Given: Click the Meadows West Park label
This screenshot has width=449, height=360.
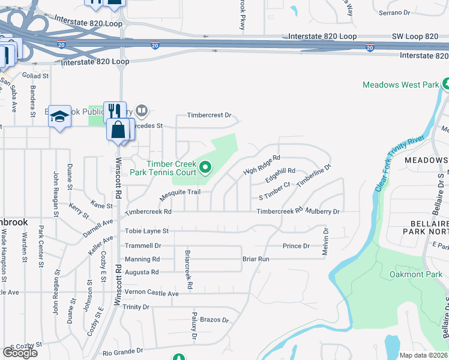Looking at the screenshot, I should coord(400,85).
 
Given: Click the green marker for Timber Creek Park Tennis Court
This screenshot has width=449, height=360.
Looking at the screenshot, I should coord(206,167).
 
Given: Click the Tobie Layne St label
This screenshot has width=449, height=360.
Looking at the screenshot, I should coord(146,230).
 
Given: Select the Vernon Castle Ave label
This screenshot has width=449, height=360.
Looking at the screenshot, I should coord(151,293).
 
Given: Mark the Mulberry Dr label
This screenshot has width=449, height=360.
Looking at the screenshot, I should coord(324,211).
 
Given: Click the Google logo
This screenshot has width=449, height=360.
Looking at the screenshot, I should coord(20,352).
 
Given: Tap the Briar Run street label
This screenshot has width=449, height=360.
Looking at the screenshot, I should coord(256,259).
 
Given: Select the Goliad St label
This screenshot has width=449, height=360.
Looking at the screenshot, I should coord(35,76).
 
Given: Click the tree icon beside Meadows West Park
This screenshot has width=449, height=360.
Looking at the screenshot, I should coord(446,84).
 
